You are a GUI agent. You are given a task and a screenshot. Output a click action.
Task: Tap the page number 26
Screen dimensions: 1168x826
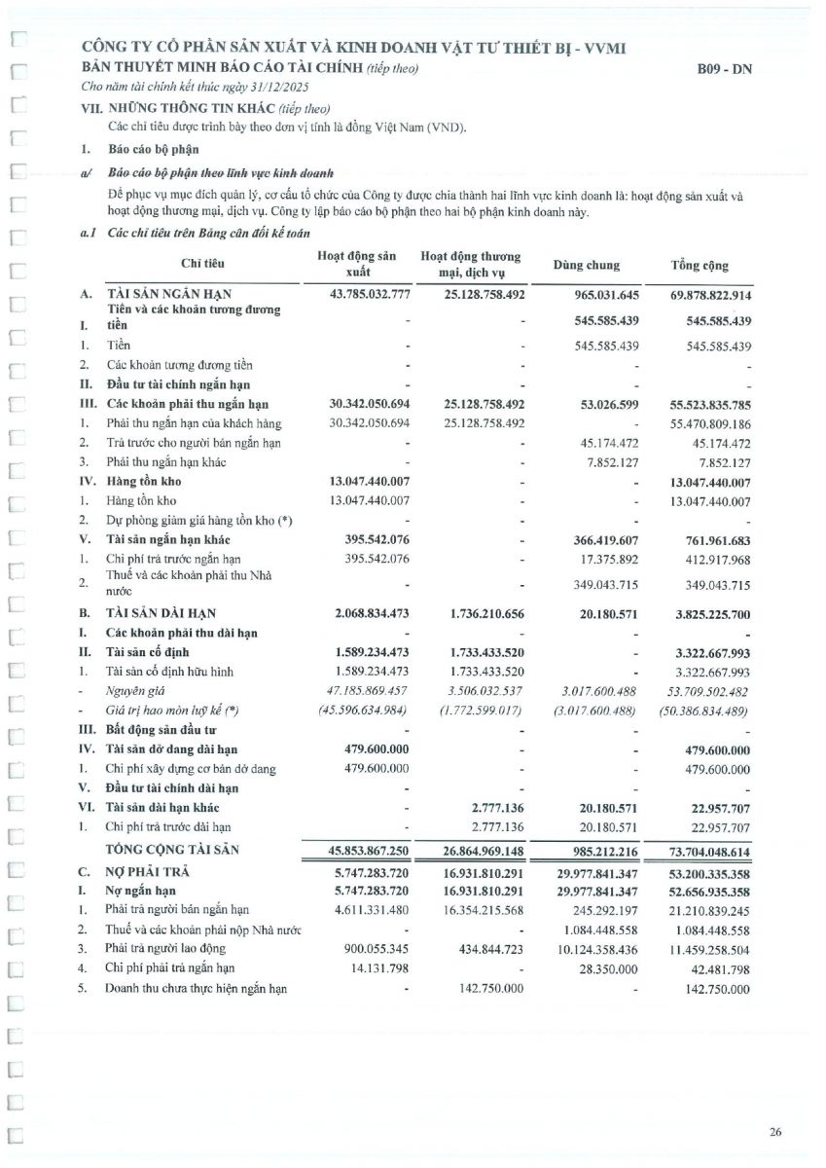click(774, 1131)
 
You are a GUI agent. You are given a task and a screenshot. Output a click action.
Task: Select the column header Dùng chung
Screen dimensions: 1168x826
click(586, 265)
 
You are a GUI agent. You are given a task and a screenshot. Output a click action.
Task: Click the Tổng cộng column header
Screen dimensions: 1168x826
click(699, 265)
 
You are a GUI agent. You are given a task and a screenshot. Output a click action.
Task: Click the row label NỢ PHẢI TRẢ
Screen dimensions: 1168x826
click(146, 873)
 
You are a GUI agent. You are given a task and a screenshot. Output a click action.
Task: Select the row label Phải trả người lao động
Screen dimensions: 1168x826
click(164, 949)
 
